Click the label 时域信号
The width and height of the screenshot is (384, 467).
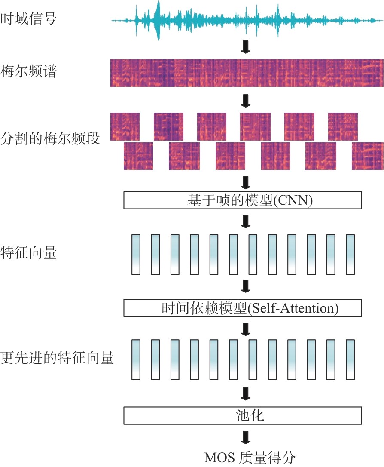(x=28, y=19)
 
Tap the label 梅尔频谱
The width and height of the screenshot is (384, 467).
(x=28, y=71)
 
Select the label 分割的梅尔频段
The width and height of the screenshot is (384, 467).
(x=50, y=139)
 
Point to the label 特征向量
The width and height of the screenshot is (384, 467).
(x=28, y=253)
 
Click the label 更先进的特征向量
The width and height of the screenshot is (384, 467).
(x=58, y=358)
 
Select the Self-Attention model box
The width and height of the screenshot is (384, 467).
(x=243, y=308)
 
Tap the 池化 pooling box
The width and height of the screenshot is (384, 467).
(x=243, y=415)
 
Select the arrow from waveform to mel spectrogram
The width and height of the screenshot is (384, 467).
(x=246, y=46)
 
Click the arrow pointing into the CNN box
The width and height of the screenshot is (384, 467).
(x=246, y=182)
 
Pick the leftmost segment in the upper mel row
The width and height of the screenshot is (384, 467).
(x=125, y=126)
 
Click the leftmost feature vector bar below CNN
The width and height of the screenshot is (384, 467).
(x=136, y=254)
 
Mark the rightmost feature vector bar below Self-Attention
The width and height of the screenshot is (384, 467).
(x=350, y=359)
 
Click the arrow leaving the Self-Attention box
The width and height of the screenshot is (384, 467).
(x=246, y=328)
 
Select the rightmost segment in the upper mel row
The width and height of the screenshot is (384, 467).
(x=343, y=126)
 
